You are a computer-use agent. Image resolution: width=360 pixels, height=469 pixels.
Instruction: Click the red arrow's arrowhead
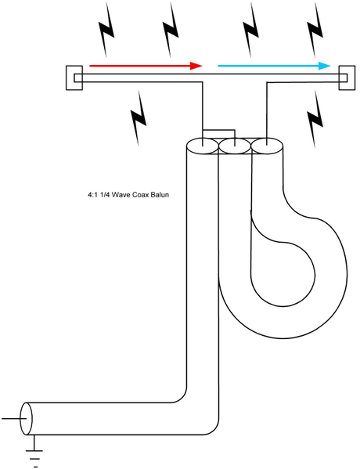196,66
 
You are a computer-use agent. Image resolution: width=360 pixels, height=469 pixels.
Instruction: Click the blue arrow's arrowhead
325,66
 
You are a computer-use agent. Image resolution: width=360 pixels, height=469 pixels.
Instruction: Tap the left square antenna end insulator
74,78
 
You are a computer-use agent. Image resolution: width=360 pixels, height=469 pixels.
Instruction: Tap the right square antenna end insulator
347,78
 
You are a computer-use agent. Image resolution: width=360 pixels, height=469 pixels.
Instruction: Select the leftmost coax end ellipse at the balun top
203,146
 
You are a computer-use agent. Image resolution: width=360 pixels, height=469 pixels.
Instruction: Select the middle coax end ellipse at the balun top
235,146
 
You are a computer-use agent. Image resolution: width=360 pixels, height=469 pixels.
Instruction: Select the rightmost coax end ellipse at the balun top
267,146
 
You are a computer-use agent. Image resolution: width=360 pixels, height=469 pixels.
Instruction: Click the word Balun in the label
160,195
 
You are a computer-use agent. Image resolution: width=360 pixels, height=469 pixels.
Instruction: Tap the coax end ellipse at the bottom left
26,419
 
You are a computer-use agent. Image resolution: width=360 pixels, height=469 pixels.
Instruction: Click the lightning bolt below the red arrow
139,118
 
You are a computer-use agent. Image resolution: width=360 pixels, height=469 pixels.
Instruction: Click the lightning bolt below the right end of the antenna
315,120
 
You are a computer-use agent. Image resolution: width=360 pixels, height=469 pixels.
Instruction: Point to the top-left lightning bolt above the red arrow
106,29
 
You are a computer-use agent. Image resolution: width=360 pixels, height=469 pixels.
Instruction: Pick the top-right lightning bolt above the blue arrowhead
315,29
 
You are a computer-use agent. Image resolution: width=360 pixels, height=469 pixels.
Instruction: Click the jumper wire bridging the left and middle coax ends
219,130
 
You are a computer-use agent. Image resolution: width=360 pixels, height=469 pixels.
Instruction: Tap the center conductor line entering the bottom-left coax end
13,419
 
